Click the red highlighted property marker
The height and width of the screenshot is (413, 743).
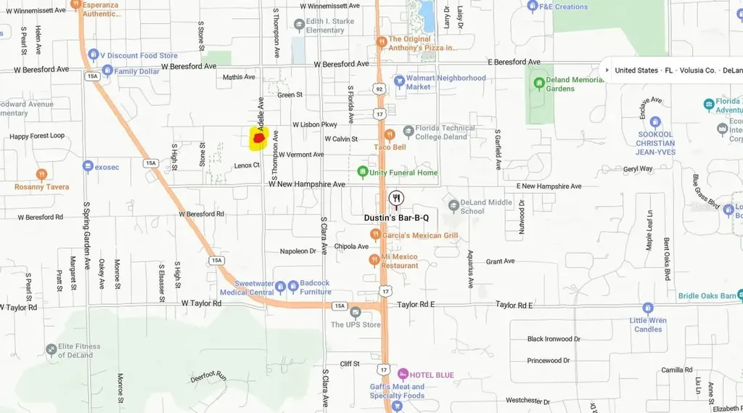click(258, 138)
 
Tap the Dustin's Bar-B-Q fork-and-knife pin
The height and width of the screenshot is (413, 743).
click(396, 198)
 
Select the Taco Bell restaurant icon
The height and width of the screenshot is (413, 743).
click(390, 134)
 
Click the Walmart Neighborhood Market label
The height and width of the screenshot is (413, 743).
click(446, 82)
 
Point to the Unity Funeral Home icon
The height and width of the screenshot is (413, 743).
click(363, 172)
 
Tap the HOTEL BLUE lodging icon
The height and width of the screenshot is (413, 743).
click(403, 375)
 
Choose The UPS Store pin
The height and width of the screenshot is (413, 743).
click(355, 312)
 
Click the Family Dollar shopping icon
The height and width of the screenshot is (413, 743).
click(107, 71)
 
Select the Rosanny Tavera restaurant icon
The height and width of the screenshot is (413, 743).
click(41, 174)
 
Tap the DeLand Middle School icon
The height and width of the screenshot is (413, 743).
click(453, 206)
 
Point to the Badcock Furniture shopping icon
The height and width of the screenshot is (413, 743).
click(292, 287)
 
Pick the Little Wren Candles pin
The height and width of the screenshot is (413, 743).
click(647, 308)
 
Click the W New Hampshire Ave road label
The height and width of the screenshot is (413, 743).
click(307, 184)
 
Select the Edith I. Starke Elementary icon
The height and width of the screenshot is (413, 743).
click(299, 25)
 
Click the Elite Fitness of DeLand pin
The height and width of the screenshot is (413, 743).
click(51, 350)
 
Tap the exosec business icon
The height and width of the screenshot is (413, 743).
click(88, 166)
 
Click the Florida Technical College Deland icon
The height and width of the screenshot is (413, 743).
click(409, 131)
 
